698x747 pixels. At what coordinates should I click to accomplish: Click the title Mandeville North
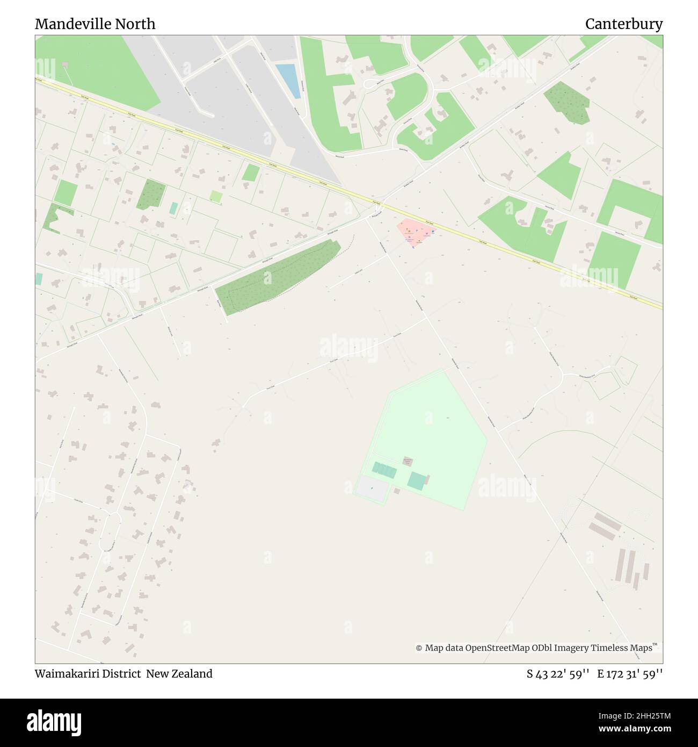[95, 24]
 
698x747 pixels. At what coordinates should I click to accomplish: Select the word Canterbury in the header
[623, 24]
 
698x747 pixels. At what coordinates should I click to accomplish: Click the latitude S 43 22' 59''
[558, 673]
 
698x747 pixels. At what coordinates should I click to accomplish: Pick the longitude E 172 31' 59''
[630, 673]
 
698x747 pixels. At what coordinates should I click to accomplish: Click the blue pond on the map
[288, 81]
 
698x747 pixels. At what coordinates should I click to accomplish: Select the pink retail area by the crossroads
[415, 233]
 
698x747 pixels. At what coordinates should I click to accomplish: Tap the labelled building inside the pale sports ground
[409, 462]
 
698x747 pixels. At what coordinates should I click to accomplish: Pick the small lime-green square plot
[216, 197]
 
